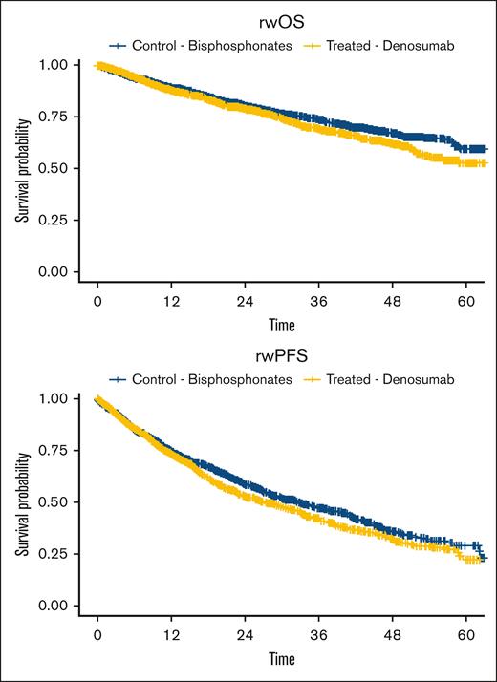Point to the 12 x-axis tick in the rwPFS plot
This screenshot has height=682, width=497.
coord(172,633)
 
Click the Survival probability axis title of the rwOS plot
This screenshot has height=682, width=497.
coord(20,168)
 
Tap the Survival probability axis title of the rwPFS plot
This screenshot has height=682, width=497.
coord(20,501)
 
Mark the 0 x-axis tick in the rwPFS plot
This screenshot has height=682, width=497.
coord(97,633)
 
